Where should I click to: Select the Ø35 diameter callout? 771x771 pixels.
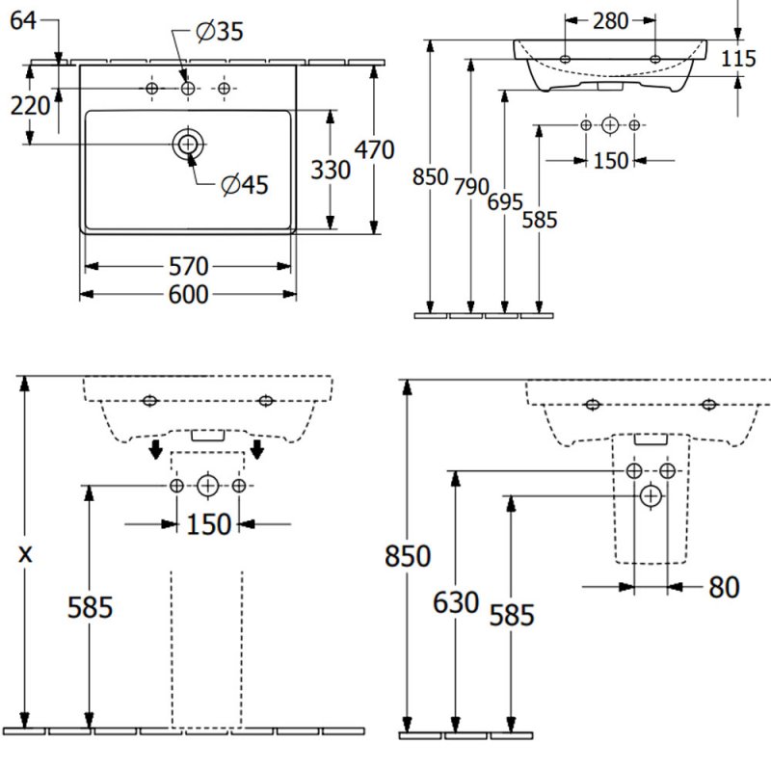pos(220,33)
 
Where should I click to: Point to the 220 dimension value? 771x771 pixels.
pos(30,106)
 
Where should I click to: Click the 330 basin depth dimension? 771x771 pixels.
pos(331,170)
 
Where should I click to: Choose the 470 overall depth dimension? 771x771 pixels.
pos(375,150)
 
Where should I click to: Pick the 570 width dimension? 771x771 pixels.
pos(188,266)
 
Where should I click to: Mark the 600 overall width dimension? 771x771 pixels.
pos(188,295)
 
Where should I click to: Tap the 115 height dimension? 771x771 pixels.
pos(738,59)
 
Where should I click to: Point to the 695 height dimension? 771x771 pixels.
pos(505,202)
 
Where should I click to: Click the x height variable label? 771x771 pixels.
pos(26,553)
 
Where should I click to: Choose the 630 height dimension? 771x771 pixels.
pos(456,603)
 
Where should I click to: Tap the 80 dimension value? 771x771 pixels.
pos(723,586)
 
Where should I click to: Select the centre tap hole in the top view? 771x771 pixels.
pos(188,89)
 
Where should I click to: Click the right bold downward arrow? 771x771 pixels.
pos(257,450)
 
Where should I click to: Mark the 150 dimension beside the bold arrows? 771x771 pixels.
pos(208,524)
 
